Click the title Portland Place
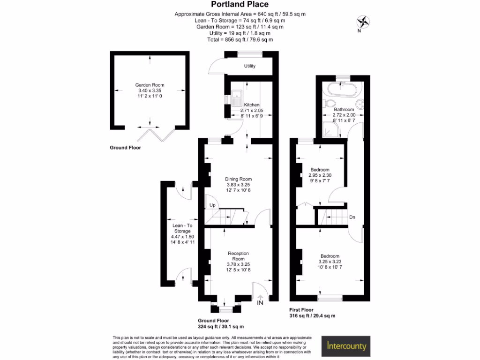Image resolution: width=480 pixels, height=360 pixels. click(x=240, y=5)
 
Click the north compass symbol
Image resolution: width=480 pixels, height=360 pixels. click(x=363, y=22)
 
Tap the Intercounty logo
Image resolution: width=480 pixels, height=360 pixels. click(x=346, y=347)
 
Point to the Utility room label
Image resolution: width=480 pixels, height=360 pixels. click(x=250, y=66)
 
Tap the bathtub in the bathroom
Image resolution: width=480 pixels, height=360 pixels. click(x=343, y=89)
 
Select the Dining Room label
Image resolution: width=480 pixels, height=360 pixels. click(x=239, y=179)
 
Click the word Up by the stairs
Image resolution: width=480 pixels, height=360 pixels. click(x=212, y=205)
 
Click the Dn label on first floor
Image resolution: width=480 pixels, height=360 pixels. click(x=352, y=217)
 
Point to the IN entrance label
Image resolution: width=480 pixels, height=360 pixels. click(x=260, y=302)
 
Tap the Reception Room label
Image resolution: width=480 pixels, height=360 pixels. click(x=239, y=256)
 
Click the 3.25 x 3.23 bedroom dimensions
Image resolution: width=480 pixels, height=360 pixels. click(x=329, y=262)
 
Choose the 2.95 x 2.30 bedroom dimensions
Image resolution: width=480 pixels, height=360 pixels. click(x=320, y=175)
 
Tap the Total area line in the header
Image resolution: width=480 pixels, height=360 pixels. click(x=240, y=40)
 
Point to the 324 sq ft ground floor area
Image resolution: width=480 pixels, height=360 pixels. click(x=221, y=326)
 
